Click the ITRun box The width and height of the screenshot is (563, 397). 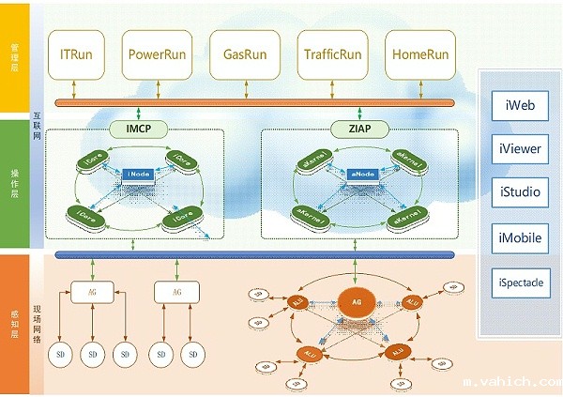tap(75, 55)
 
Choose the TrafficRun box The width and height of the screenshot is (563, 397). tap(328, 55)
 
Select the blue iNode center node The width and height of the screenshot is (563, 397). tap(138, 174)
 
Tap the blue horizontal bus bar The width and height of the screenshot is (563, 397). tap(253, 254)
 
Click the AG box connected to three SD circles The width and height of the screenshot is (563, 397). tap(92, 293)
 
